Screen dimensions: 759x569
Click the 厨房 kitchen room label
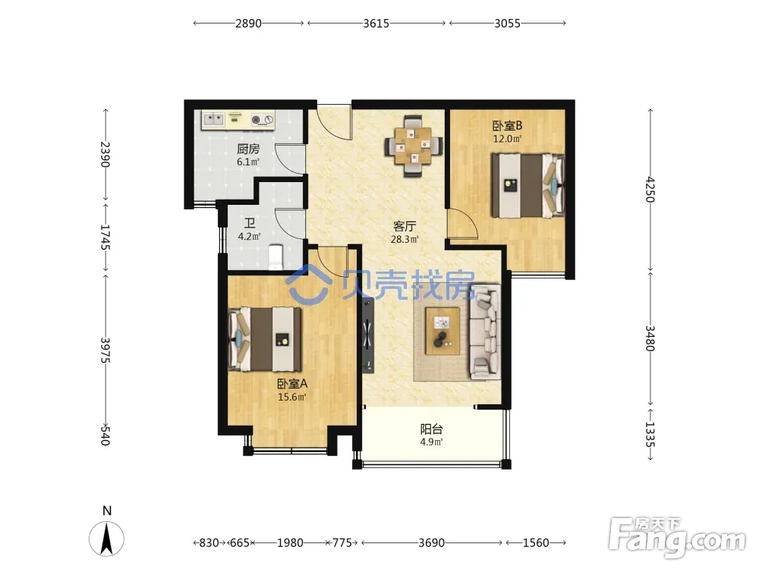248,149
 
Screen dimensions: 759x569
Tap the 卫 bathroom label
250,224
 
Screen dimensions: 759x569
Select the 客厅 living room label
405,226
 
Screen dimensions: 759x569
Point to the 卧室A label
292,384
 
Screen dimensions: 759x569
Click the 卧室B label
507,126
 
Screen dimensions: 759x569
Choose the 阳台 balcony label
431,429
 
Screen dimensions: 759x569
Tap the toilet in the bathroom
276,257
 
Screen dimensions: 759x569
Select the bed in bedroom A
265,338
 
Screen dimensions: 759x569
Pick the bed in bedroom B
528,185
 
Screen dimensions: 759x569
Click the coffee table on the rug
443,332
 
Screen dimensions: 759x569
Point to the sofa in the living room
485,332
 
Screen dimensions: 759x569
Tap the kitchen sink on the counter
213,119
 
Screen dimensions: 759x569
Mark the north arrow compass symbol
106,537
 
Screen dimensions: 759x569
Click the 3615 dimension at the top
376,24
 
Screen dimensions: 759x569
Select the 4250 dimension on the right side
650,190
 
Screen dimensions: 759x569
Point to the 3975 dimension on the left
106,351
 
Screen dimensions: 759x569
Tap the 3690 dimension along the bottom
431,543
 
